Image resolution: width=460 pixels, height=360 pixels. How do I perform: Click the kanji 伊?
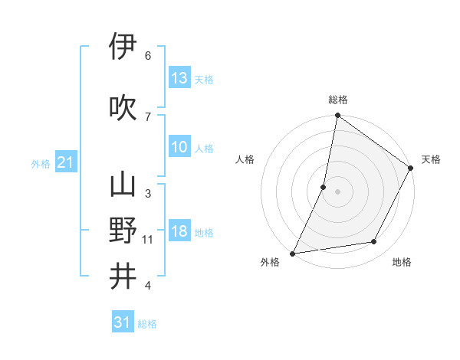[123, 47]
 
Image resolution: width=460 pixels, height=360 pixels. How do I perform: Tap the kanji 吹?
[123, 108]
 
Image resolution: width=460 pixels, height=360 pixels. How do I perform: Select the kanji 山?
[123, 185]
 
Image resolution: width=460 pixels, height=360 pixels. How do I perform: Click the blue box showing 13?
[179, 78]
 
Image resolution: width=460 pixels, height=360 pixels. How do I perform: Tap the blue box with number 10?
[179, 147]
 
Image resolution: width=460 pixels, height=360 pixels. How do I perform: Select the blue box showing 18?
[179, 232]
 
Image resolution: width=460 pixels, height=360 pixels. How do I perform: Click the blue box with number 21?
[65, 162]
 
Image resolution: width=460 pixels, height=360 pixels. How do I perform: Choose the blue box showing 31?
[123, 322]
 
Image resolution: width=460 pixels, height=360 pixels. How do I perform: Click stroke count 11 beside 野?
[148, 240]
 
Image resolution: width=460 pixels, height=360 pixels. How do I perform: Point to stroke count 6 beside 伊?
[148, 56]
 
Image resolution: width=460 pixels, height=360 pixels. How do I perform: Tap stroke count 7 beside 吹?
[148, 116]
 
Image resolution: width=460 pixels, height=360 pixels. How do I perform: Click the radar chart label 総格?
[338, 100]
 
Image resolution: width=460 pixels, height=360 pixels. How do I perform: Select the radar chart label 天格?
[431, 159]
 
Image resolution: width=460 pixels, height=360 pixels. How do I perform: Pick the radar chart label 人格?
[245, 159]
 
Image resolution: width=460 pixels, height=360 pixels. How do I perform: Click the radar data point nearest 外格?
[293, 253]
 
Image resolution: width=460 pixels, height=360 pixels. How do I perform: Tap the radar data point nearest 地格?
[374, 241]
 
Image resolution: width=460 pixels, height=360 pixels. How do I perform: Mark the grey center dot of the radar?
[338, 191]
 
